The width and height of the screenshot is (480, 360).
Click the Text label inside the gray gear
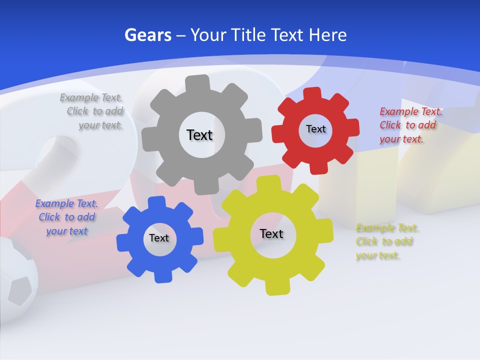click(x=199, y=135)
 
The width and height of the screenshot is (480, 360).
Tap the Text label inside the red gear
click(x=315, y=129)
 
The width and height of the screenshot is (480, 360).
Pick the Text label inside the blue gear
click(x=159, y=238)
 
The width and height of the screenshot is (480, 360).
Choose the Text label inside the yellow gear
click(x=271, y=233)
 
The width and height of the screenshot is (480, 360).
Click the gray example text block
click(x=92, y=111)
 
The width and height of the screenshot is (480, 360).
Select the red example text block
click(x=410, y=125)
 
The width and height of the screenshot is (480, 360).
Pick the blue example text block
click(x=66, y=217)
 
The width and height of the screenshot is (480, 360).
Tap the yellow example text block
click(x=386, y=241)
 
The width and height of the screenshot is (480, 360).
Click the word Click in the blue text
click(x=49, y=217)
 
